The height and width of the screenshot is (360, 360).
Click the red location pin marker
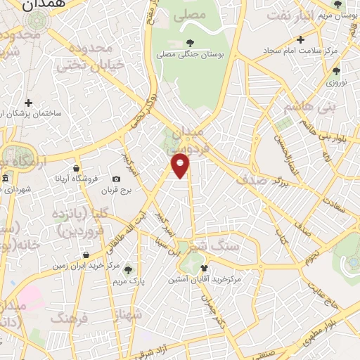(181, 167)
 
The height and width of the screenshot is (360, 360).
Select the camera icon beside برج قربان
(117, 179)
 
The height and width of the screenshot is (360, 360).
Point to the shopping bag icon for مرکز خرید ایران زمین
(86, 255)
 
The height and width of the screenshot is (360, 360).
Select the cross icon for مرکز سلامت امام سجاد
(301, 39)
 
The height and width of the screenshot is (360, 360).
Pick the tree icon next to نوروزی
(337, 70)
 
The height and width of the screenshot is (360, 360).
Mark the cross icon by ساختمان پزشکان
(28, 103)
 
